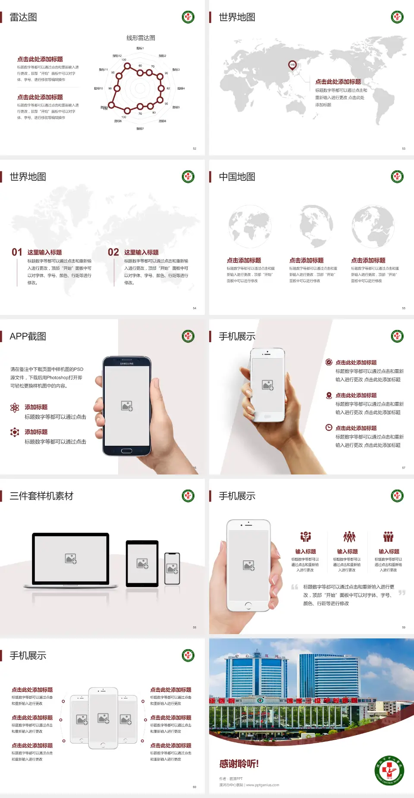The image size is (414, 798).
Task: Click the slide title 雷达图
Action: point(23,17)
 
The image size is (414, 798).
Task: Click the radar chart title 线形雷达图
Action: point(141,38)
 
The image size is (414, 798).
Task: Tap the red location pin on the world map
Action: point(292,65)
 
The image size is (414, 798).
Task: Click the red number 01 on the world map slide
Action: point(17,252)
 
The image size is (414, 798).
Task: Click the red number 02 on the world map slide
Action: point(113,252)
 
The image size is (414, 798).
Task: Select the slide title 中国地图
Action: point(237,177)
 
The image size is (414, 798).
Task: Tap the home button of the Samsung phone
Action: point(126,451)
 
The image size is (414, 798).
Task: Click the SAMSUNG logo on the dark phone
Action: point(127,364)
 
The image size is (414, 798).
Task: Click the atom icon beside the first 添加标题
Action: point(15,408)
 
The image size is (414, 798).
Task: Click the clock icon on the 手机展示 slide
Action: point(329,427)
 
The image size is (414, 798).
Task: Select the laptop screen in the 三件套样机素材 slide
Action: point(71,558)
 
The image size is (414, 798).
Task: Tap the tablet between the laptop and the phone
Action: point(142,563)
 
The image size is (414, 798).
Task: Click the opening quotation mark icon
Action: point(295,587)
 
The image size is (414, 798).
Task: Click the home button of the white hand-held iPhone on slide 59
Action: point(248,605)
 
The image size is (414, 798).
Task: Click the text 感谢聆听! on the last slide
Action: point(239,764)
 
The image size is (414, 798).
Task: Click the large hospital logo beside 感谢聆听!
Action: point(389,770)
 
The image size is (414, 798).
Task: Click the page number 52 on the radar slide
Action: point(194,148)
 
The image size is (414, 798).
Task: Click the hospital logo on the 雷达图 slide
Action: point(188,17)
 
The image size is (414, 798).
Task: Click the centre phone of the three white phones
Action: point(103,718)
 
